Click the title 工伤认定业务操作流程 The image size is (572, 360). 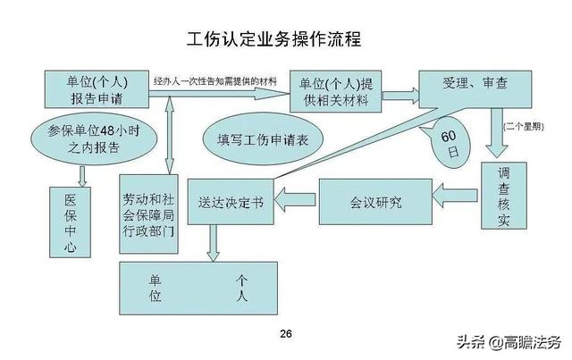click(274, 39)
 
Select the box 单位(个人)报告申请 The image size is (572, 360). click(97, 89)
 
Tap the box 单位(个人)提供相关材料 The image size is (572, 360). click(336, 91)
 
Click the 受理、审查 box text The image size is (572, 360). click(475, 83)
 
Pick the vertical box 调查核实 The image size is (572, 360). click(504, 196)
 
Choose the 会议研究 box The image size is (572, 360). click(375, 202)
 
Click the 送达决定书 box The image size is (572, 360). click(231, 202)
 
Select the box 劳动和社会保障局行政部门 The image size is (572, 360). click(149, 214)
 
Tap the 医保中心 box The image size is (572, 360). click(70, 222)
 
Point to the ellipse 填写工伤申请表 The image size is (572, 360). click(263, 139)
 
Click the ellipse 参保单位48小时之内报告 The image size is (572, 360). click(94, 139)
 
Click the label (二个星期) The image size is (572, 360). click(524, 127)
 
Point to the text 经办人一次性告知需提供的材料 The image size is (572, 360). click(215, 81)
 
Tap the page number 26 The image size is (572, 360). click(286, 333)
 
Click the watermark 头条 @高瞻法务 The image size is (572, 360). click(509, 342)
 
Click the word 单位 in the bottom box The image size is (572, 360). click(155, 289)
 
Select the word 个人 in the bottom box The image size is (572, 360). click(241, 289)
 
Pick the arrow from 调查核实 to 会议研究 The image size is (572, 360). click(455, 195)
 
